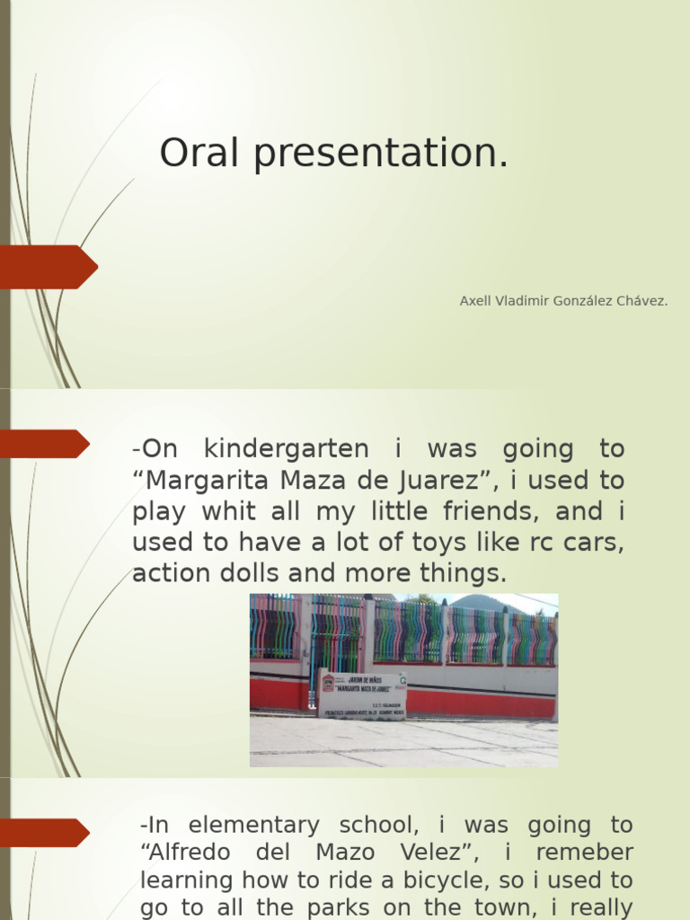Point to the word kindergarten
coord(286,448)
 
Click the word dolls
coord(259,573)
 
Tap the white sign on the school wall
coord(363,694)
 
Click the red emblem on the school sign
coord(328,682)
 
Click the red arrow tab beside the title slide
coord(49,267)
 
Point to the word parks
coord(337,907)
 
